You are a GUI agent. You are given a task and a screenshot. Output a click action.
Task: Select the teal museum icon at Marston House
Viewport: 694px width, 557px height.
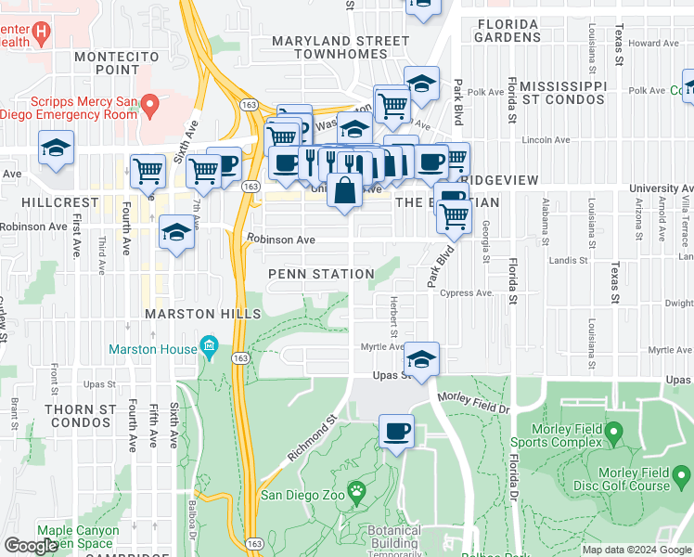pyautogui.click(x=210, y=349)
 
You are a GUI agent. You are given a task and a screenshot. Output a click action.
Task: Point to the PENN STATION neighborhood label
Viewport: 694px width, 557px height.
pyautogui.click(x=321, y=274)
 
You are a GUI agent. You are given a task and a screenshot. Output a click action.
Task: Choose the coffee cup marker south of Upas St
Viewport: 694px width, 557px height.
pyautogui.click(x=396, y=431)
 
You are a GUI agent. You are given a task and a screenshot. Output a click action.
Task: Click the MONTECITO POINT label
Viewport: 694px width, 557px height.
pyautogui.click(x=106, y=63)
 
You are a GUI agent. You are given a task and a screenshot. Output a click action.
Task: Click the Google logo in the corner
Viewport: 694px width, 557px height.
pyautogui.click(x=31, y=546)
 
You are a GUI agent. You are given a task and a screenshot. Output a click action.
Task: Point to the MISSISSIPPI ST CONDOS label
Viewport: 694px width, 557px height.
pyautogui.click(x=563, y=92)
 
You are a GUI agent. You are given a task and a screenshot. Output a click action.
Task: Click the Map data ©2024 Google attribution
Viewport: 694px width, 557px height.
pyautogui.click(x=635, y=550)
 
